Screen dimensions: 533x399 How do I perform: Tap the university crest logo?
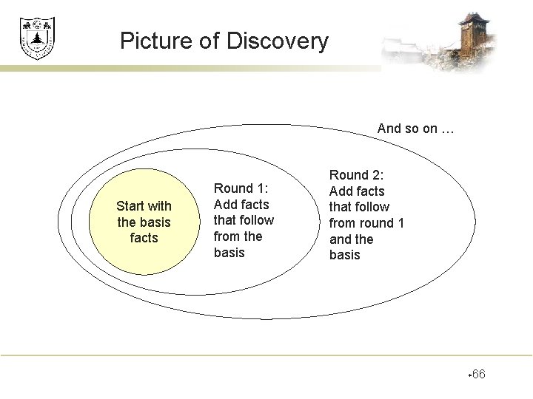[37, 38]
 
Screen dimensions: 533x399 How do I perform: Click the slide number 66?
[478, 375]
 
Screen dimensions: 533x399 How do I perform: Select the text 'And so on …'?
[415, 129]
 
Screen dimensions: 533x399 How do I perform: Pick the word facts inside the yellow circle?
[144, 238]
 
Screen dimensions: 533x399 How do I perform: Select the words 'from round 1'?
[366, 223]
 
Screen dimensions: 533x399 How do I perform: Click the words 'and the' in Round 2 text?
[351, 239]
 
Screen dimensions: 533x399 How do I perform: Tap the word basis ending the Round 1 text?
[229, 253]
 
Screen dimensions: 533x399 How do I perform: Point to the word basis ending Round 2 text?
[344, 255]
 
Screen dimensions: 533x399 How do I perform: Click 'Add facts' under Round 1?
[241, 205]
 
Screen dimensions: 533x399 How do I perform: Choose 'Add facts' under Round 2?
[357, 191]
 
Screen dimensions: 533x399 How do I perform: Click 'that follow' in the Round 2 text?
[359, 207]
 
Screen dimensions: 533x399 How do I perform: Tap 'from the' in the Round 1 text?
[238, 236]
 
